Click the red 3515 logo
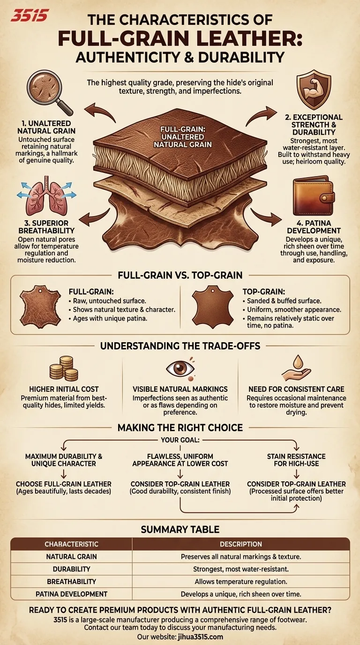(29, 15)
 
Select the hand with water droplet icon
(296, 368)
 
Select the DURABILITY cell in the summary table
(71, 569)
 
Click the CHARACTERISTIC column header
(71, 544)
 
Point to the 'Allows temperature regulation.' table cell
(241, 582)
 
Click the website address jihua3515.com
(197, 637)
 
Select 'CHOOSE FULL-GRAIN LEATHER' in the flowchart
(64, 484)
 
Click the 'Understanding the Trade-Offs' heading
(180, 346)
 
